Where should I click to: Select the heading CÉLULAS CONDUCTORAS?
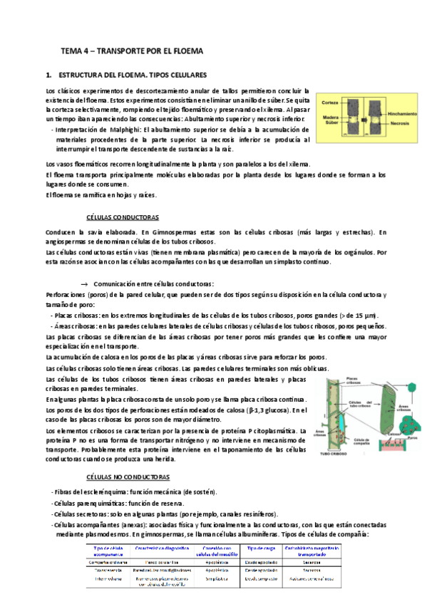122,217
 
